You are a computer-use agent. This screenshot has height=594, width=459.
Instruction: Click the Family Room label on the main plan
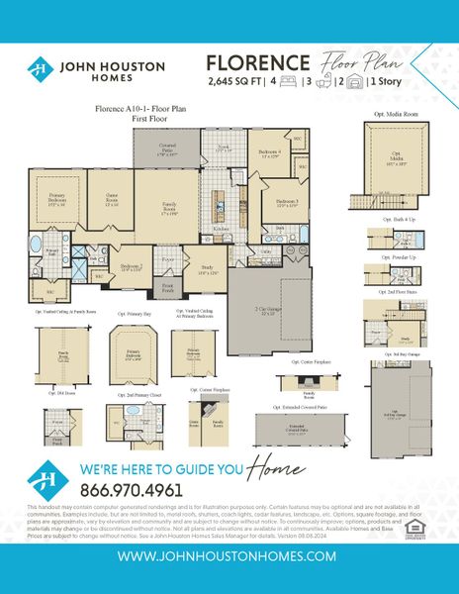pyautogui.click(x=169, y=207)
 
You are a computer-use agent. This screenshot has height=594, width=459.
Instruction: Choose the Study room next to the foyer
pyautogui.click(x=207, y=268)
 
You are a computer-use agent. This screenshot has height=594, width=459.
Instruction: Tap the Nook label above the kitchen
pyautogui.click(x=223, y=148)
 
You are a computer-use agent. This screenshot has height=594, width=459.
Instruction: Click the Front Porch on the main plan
pyautogui.click(x=169, y=290)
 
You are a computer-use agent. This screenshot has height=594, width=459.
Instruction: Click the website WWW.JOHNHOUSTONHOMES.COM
pyautogui.click(x=229, y=558)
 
